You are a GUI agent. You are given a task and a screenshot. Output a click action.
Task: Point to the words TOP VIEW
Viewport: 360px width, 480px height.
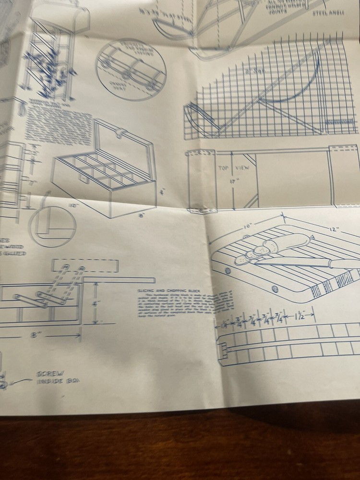pyautogui.click(x=232, y=168)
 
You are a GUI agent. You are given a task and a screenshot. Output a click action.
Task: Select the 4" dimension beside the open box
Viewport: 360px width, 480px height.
pyautogui.click(x=162, y=192)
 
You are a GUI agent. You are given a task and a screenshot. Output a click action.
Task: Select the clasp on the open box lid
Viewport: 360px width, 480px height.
pyautogui.click(x=121, y=132)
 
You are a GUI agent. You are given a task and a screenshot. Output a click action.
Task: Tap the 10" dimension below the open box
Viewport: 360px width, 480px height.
pyautogui.click(x=73, y=204)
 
